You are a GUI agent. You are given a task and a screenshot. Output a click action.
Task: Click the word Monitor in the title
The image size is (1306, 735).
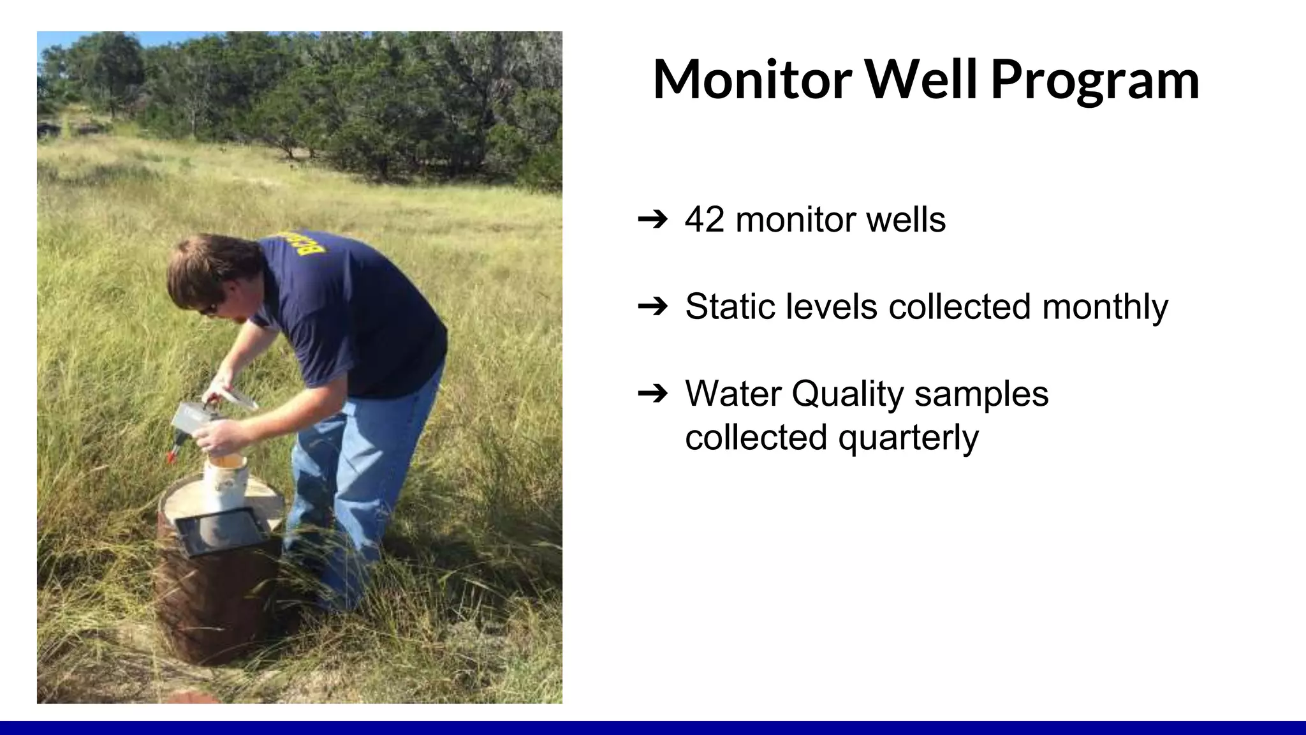752,80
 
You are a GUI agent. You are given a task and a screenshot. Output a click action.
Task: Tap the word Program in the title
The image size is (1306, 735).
1095,80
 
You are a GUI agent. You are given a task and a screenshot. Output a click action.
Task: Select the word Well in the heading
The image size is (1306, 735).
920,80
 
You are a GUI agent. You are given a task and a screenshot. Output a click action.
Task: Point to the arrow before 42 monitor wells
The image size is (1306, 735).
652,220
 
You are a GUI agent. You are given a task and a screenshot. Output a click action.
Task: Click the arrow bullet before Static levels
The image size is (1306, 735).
652,307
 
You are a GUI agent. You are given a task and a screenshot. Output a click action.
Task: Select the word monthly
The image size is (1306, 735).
1104,307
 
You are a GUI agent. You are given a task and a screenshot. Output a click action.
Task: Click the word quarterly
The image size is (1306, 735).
908,438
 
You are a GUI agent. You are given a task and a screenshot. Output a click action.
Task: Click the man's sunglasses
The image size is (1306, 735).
209,309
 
